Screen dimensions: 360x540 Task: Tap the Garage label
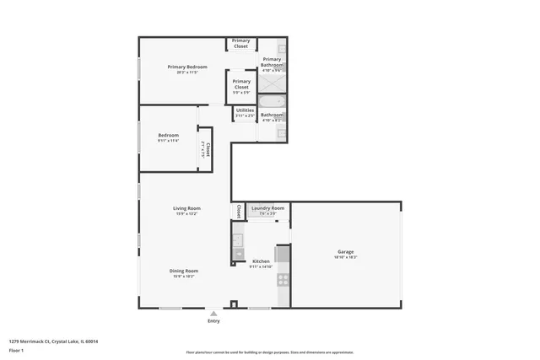pos(346,251)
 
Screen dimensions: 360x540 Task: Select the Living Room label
pos(186,208)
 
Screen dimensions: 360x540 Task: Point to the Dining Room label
pos(186,271)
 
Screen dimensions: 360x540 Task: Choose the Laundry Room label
pos(267,207)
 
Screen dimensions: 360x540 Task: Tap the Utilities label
pos(245,110)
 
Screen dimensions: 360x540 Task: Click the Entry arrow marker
pos(213,314)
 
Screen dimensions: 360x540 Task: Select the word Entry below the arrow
pos(213,321)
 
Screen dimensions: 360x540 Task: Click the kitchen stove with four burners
pos(283,279)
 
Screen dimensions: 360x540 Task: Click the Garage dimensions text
pos(346,257)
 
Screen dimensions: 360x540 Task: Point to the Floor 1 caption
pos(16,349)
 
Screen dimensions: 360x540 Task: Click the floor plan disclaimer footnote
pos(269,352)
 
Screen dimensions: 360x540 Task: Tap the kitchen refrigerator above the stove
pos(283,254)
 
